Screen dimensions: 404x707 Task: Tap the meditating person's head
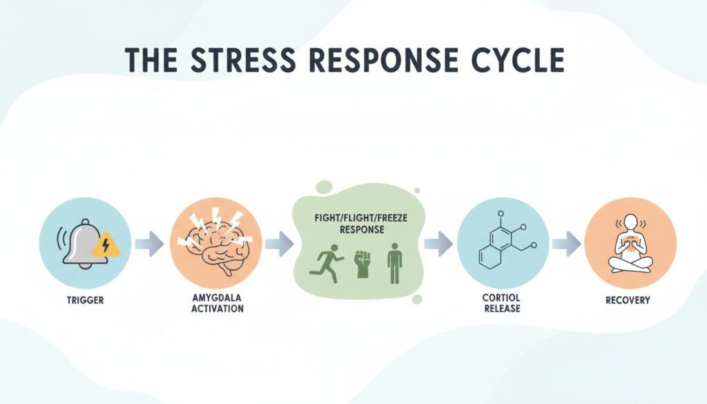[x=630, y=222]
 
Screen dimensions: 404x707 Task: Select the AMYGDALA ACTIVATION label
[x=215, y=304]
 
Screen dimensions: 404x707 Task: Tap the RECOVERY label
[x=630, y=301]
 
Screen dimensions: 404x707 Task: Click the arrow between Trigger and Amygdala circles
[x=149, y=243]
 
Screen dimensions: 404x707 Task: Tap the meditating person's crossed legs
[x=630, y=262]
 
